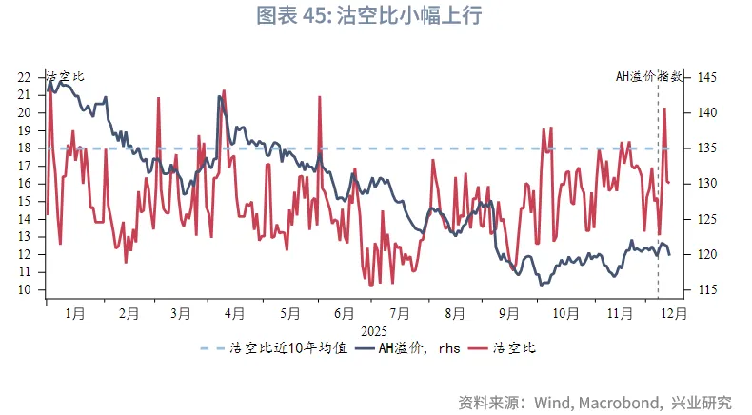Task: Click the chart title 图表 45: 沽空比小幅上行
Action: (376, 16)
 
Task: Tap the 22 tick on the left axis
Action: (25, 77)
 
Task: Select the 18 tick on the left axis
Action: (25, 148)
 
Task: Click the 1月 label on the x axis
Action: (76, 312)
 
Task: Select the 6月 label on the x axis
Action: (346, 312)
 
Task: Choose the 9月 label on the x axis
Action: (509, 312)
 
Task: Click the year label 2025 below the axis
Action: (372, 330)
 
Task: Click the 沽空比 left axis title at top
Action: (65, 76)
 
